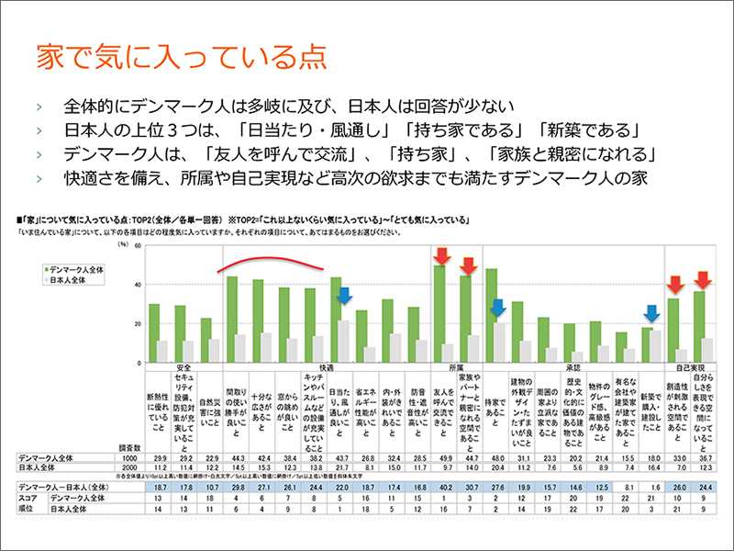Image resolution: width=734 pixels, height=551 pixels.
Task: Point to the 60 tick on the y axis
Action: (137, 246)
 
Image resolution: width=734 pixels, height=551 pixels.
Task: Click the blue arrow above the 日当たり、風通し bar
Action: (343, 295)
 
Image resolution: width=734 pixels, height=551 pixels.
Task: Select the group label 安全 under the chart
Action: (183, 365)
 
